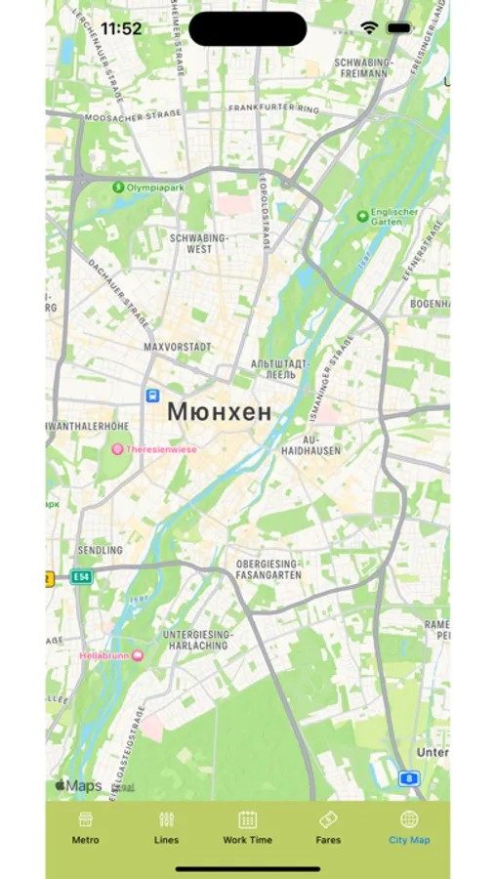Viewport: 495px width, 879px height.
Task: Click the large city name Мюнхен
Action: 220,412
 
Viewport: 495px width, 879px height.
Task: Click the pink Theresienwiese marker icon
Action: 117,449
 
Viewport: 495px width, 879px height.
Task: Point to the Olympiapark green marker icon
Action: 118,187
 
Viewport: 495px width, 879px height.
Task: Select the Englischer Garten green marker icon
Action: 363,216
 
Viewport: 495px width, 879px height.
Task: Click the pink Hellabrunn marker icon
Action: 137,655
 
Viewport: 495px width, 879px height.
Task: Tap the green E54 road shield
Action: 81,577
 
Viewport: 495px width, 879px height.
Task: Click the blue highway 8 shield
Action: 409,777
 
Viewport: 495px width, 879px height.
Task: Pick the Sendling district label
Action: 101,551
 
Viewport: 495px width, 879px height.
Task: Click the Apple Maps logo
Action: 78,785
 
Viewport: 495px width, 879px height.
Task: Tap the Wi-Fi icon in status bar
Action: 369,28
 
